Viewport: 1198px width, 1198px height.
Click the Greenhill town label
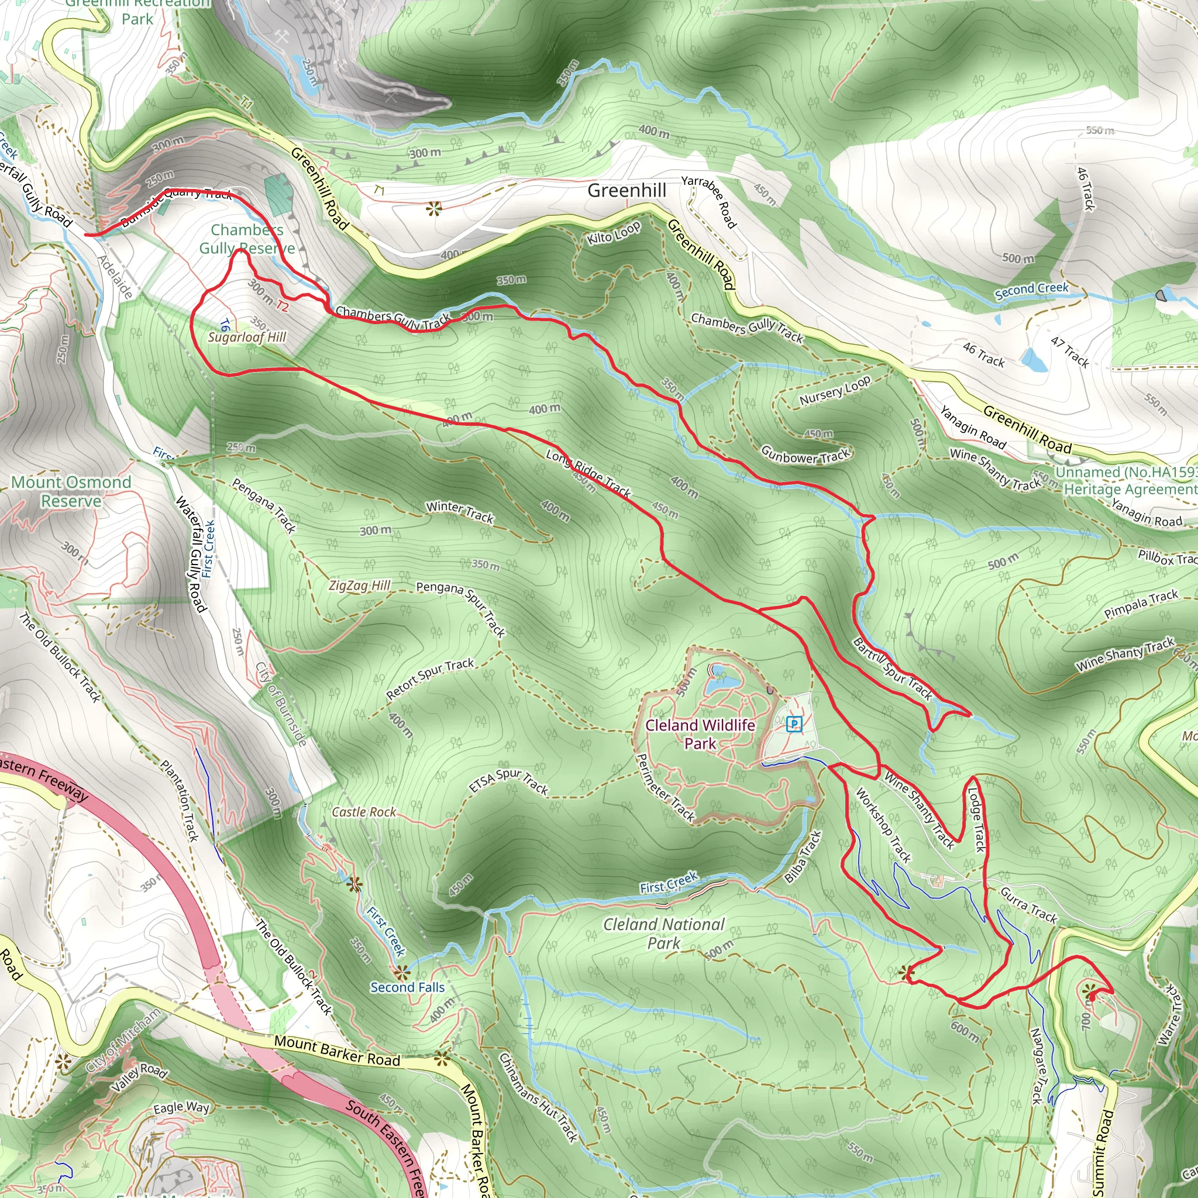(x=626, y=190)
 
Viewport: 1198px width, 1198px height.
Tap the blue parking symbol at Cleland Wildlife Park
(x=794, y=724)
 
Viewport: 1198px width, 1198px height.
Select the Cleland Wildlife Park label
(x=700, y=734)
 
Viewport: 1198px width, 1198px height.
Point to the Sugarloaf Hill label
(x=247, y=338)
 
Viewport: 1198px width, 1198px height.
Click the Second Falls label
(x=407, y=987)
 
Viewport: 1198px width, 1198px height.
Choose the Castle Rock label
(x=364, y=813)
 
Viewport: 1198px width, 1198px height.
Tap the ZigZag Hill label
(x=360, y=586)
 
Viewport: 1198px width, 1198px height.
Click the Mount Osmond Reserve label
(x=71, y=491)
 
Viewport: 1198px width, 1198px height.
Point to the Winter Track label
(x=459, y=512)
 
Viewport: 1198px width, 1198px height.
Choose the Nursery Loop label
(x=835, y=391)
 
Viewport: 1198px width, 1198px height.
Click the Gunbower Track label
(x=805, y=456)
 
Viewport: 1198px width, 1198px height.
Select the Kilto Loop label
(x=613, y=233)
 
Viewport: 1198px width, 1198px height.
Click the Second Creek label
(x=1032, y=290)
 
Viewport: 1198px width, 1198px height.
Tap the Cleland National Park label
(x=664, y=933)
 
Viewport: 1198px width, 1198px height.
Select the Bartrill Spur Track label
(x=892, y=669)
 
